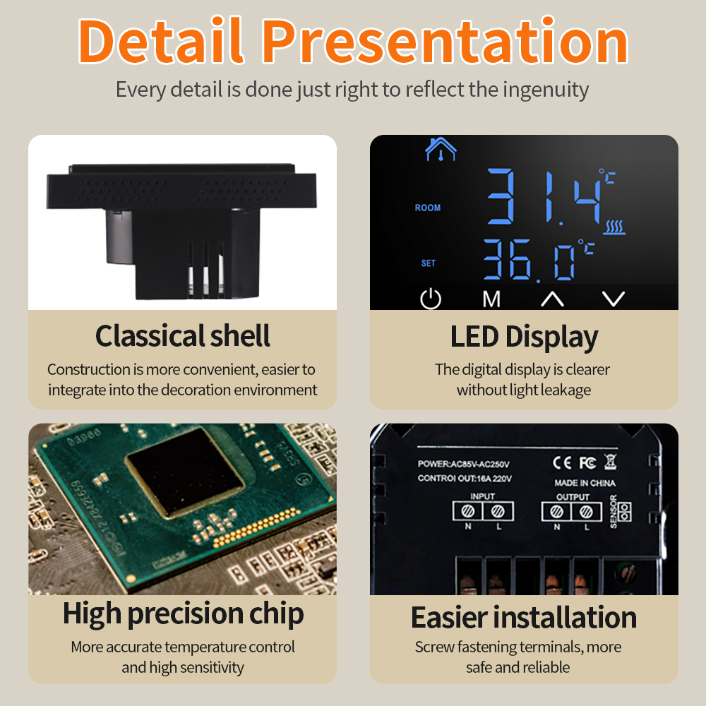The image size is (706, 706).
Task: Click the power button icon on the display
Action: [x=430, y=299]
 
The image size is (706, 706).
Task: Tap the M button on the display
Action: [x=491, y=299]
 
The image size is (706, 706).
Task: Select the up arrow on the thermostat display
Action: [x=552, y=299]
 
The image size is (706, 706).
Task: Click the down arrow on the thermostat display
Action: [x=614, y=299]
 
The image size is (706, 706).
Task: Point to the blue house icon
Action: [x=441, y=148]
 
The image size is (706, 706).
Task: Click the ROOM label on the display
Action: [x=428, y=208]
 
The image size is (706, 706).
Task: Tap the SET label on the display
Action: [x=429, y=263]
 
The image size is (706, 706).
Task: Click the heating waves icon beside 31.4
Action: [x=615, y=227]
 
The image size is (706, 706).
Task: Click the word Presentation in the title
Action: [x=445, y=42]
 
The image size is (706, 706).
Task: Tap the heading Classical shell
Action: [x=182, y=336]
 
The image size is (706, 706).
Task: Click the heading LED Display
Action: [x=524, y=337]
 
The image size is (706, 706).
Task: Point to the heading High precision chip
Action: [x=183, y=614]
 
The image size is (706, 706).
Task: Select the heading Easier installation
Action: [x=524, y=617]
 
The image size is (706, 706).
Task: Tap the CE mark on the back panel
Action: [x=561, y=463]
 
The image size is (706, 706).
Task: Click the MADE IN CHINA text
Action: [x=585, y=484]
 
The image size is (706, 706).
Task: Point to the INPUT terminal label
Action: [x=482, y=496]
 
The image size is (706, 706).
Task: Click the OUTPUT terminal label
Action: [x=573, y=496]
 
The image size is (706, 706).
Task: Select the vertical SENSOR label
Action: [x=613, y=512]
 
